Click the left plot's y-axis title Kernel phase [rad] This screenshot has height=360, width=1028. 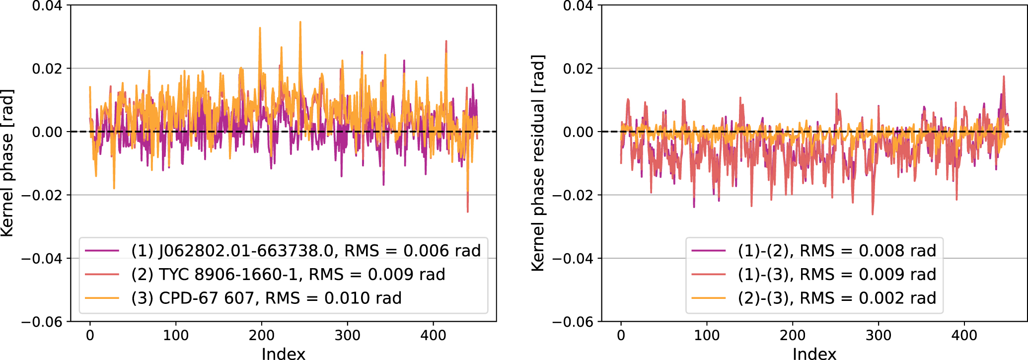7,163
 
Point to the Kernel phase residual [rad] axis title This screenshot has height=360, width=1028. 538,163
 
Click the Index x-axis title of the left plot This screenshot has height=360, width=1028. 283,354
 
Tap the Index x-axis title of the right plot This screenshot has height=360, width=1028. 814,354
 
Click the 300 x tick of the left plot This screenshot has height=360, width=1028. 347,336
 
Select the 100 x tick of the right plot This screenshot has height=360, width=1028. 707,336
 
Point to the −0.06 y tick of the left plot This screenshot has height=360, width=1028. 42,322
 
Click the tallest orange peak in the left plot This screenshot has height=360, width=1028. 300,22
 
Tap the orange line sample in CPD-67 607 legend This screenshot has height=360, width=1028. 102,298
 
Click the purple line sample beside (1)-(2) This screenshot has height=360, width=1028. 709,251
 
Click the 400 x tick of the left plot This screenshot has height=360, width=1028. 433,336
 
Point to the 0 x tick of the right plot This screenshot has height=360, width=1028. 621,336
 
